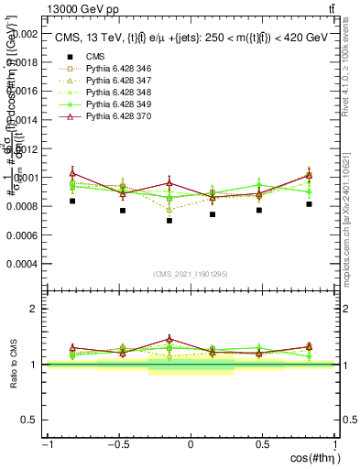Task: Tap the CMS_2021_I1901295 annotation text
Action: point(191,275)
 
